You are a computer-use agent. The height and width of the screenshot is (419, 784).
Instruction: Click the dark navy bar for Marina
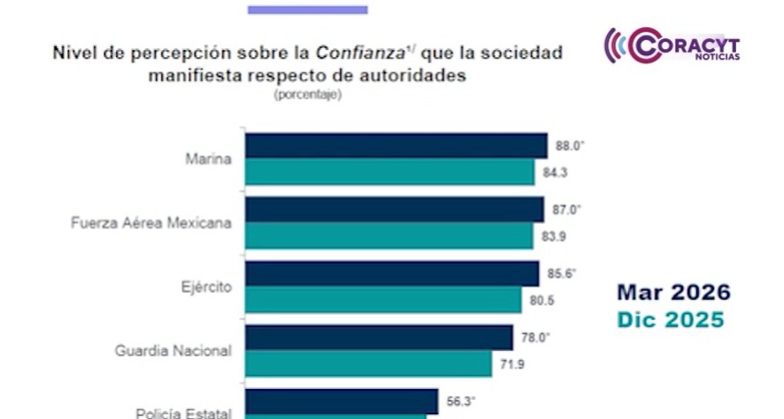(x=396, y=146)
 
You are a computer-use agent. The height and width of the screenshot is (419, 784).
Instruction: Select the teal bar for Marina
(x=390, y=171)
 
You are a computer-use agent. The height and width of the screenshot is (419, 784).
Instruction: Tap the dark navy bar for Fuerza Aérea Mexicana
(x=394, y=209)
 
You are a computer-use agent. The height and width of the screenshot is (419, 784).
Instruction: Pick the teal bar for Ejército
(x=383, y=299)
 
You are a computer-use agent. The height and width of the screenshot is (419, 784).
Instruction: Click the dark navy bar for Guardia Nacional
(x=379, y=337)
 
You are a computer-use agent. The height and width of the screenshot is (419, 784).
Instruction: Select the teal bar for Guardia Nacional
(x=368, y=363)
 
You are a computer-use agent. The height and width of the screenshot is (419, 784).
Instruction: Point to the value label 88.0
(x=567, y=145)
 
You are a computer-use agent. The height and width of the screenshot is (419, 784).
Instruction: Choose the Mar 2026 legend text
(x=673, y=293)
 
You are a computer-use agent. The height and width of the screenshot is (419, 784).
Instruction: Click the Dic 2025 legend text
(x=671, y=319)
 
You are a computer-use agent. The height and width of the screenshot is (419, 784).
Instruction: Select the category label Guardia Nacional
(x=173, y=350)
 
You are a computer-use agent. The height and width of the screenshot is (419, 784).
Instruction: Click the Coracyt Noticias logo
(x=673, y=45)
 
